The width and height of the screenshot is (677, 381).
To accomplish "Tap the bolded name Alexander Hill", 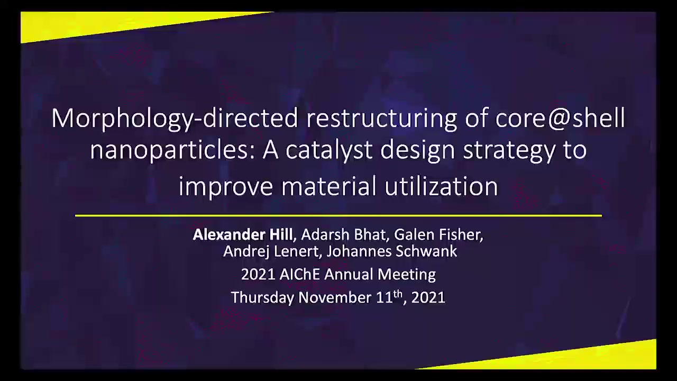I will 243,234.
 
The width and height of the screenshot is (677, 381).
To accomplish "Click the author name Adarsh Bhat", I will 343,234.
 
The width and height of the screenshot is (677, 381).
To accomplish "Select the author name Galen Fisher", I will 438,234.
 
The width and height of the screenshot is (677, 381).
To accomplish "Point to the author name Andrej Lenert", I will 271,251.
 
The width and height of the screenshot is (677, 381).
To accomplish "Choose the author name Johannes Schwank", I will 391,251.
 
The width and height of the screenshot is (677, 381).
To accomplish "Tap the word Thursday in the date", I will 262,297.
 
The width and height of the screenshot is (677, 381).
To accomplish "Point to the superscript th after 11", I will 398,293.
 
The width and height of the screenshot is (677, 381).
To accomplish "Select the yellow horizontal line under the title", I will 338,215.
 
